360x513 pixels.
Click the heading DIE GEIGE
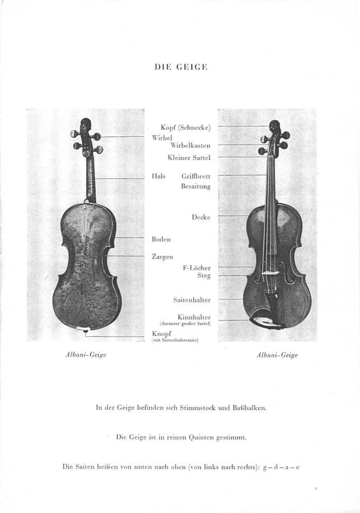180,67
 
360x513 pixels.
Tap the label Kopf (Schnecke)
185,127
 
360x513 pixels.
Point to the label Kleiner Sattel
189,157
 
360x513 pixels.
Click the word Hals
159,176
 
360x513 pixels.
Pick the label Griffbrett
196,177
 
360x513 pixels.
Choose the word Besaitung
195,186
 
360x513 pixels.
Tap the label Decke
201,217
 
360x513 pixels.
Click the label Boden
161,239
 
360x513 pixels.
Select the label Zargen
162,256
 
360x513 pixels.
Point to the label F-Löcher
197,268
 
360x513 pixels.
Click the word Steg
204,276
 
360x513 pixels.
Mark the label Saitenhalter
192,300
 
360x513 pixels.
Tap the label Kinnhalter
194,317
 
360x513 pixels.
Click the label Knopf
161,334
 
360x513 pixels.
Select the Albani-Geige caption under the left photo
86,355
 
